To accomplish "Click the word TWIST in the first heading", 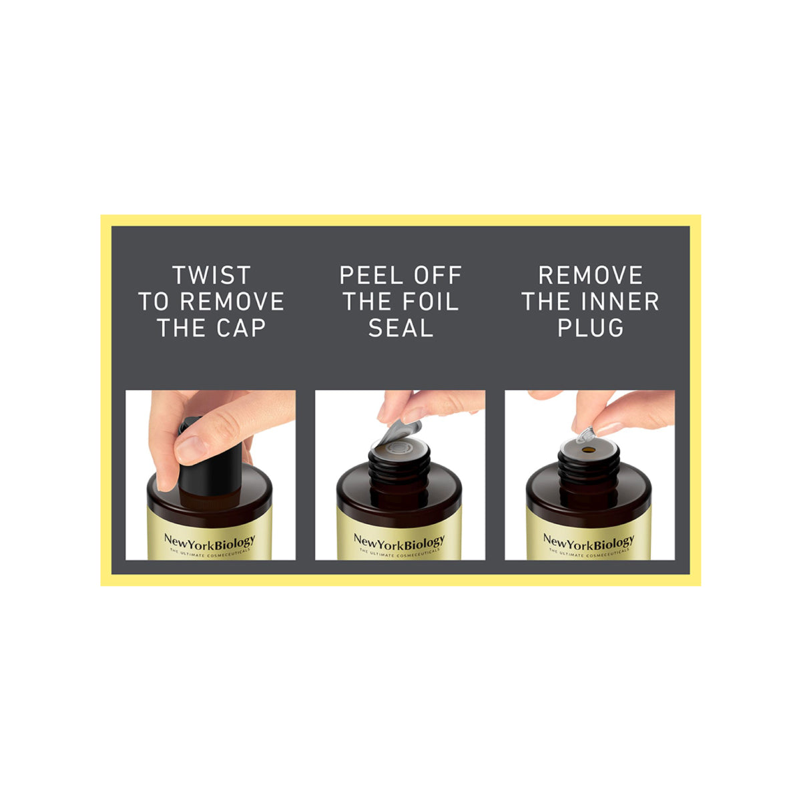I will click(x=211, y=275).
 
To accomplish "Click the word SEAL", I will click(x=400, y=328).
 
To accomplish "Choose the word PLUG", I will click(x=591, y=328).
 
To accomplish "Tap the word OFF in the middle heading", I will click(x=433, y=275).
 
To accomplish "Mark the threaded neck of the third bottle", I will click(x=589, y=471).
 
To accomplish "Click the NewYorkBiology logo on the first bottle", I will click(x=210, y=541).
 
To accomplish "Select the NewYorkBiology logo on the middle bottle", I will click(x=399, y=541).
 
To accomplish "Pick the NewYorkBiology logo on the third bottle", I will click(x=589, y=541).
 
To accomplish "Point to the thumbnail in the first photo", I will click(x=189, y=447).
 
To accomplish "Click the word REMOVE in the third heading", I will click(x=591, y=275).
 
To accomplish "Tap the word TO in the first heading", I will click(x=154, y=302).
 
